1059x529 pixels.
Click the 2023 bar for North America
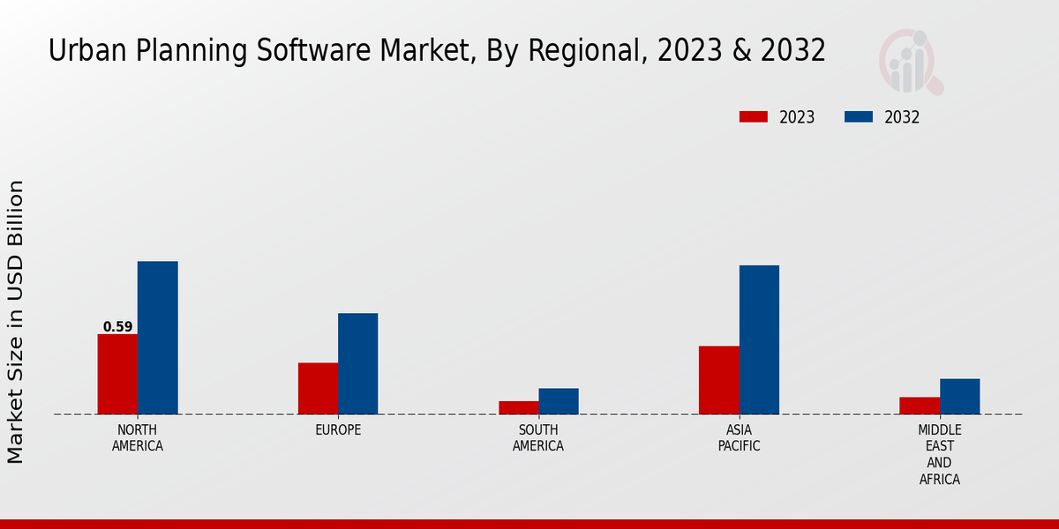pos(117,374)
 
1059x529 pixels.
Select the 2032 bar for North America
pos(157,338)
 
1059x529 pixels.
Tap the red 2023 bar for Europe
pos(318,388)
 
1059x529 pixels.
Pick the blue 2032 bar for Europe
pos(357,363)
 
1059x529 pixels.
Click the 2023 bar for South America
pos(518,407)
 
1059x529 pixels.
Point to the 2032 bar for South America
pos(559,401)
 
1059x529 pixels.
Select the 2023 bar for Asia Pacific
pos(718,380)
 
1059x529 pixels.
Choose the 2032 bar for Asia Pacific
pos(759,339)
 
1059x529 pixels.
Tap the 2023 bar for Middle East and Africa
pos(920,406)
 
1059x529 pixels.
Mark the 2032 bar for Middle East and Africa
pos(959,396)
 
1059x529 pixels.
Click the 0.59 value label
pos(117,327)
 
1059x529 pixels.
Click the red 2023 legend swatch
pos(754,117)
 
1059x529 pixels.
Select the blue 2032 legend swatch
pos(859,117)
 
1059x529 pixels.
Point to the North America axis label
pos(137,438)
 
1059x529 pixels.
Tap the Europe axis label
pos(338,430)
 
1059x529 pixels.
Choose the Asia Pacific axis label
pos(739,438)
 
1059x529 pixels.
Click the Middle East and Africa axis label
pos(939,455)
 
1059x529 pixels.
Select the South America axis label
pos(538,438)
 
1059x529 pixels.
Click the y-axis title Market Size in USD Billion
pos(16,322)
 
